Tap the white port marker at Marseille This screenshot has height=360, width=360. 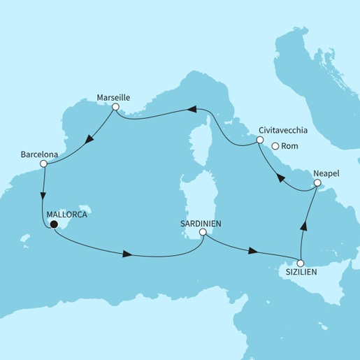tap(115, 108)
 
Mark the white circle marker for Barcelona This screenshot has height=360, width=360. tap(43, 164)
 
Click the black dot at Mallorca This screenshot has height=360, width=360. tap(52, 224)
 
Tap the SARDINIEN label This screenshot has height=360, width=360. tap(202, 222)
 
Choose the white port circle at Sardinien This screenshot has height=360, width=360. tap(203, 232)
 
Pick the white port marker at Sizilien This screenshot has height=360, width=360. tap(301, 263)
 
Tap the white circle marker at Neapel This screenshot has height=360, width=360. tap(317, 182)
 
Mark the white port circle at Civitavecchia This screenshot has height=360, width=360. tap(260, 141)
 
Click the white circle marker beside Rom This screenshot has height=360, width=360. tap(275, 146)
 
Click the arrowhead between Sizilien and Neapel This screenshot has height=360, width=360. tap(303, 226)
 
